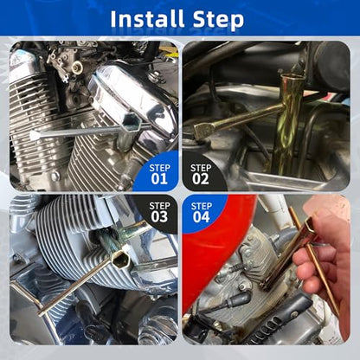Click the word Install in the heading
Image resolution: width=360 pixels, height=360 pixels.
tap(147, 19)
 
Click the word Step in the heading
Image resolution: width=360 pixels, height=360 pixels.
tap(218, 20)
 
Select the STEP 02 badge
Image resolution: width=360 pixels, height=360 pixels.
tap(202, 174)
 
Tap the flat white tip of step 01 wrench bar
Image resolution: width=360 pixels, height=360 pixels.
tap(35, 135)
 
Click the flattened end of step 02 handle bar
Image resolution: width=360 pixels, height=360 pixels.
tap(202, 129)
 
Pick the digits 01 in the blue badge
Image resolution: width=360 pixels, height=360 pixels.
tap(159, 179)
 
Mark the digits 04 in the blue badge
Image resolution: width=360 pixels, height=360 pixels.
tap(202, 217)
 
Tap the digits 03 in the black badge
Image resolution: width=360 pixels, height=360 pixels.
tap(159, 216)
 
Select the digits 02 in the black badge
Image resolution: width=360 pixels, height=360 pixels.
tap(201, 179)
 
